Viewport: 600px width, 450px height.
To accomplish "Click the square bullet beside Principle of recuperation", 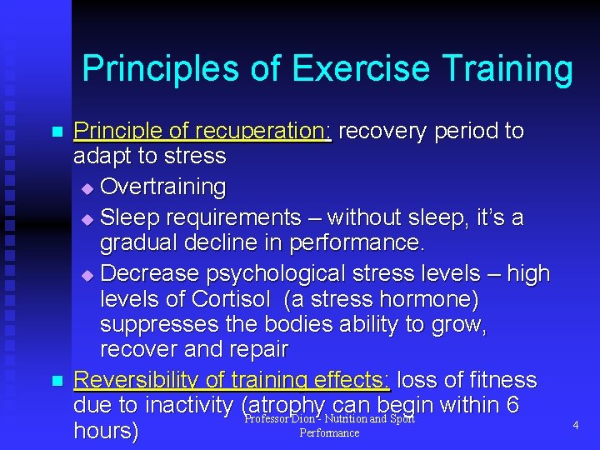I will (57, 132).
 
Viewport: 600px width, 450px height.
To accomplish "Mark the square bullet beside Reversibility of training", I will (57, 381).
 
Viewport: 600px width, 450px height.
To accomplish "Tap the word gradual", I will (138, 244).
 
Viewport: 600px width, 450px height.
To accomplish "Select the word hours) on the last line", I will (106, 432).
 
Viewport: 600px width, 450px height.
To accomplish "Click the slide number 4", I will (574, 425).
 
